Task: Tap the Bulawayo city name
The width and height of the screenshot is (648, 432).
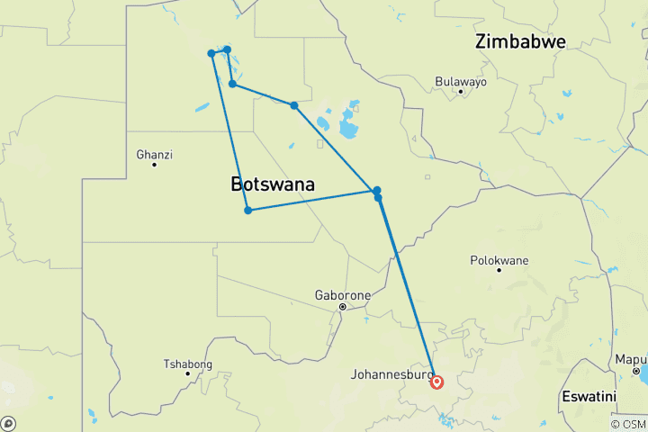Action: (x=460, y=81)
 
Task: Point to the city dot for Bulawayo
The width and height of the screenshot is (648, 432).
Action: (x=460, y=92)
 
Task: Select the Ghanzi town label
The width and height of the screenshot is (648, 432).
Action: (x=154, y=154)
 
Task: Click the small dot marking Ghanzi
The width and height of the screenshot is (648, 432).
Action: (x=154, y=165)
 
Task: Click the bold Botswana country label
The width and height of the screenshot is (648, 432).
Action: (x=273, y=184)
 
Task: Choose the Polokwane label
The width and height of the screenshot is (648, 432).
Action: (x=499, y=260)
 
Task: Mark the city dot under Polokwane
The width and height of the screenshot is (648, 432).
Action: (x=499, y=271)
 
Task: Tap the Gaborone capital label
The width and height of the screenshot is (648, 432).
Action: (x=343, y=295)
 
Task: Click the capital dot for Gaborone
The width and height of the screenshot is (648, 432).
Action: (x=343, y=307)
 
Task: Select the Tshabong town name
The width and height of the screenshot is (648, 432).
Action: (x=187, y=364)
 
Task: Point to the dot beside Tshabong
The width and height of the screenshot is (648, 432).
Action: (x=187, y=373)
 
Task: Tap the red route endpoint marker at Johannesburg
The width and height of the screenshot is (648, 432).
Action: (x=436, y=382)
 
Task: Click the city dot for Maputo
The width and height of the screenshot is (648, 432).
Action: (x=635, y=370)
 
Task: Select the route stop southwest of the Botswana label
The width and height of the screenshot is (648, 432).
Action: (x=247, y=211)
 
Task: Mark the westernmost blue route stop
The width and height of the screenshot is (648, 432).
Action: (x=211, y=53)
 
